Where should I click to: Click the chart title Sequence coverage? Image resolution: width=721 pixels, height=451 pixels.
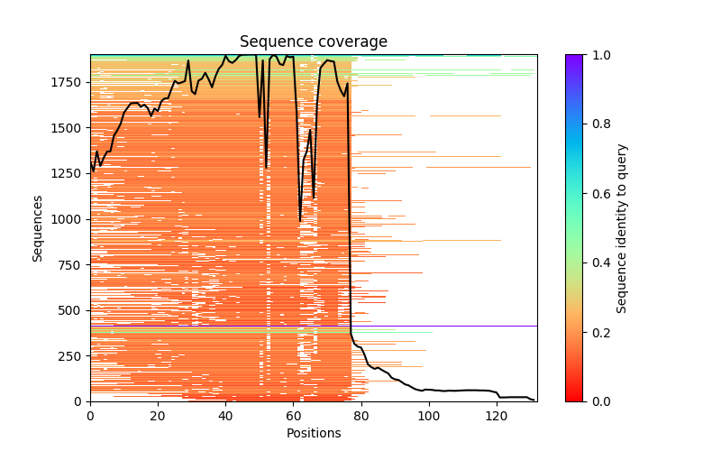(x=313, y=42)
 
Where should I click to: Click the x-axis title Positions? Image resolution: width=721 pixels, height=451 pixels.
(x=313, y=433)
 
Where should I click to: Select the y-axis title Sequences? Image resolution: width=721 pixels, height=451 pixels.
(x=38, y=227)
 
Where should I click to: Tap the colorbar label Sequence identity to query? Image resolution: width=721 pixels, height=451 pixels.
(x=622, y=227)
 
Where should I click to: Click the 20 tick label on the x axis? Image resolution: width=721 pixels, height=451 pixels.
(x=158, y=416)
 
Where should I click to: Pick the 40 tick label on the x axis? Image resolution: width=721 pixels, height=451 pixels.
(x=225, y=416)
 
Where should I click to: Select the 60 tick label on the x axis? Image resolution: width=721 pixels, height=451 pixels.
(x=293, y=416)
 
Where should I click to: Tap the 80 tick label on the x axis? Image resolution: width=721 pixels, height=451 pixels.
(x=360, y=416)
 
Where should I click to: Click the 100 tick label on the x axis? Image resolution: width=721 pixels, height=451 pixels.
(x=428, y=416)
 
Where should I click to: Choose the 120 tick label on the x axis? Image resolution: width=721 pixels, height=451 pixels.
(x=496, y=416)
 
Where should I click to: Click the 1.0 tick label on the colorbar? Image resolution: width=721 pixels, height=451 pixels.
(x=598, y=55)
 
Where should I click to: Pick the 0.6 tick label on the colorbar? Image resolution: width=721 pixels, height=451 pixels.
(x=598, y=193)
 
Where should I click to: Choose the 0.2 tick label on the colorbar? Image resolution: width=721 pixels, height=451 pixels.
(x=598, y=332)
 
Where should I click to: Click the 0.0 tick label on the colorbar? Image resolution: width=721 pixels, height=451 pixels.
(x=598, y=401)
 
